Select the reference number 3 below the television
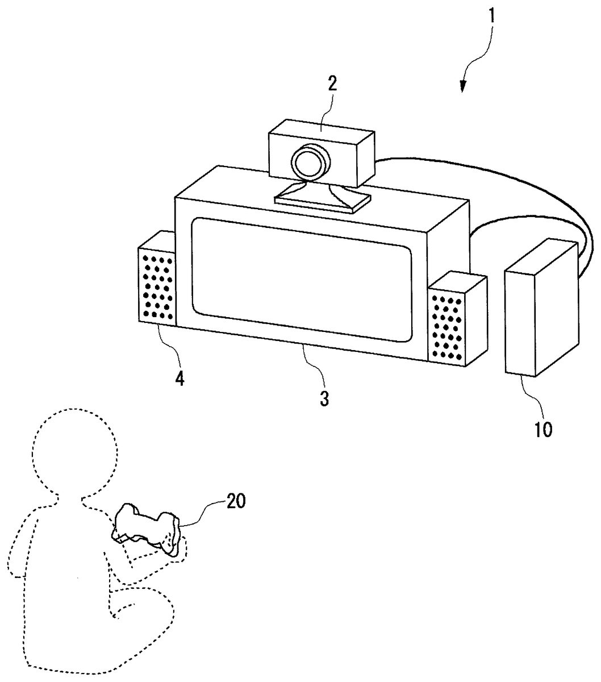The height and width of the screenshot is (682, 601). (x=324, y=399)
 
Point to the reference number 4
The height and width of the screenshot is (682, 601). (x=180, y=379)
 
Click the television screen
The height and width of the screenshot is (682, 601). (x=302, y=280)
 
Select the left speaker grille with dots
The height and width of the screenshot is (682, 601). (x=157, y=288)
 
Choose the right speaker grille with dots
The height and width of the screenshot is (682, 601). (x=447, y=327)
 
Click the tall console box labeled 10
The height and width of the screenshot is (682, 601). (x=542, y=307)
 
